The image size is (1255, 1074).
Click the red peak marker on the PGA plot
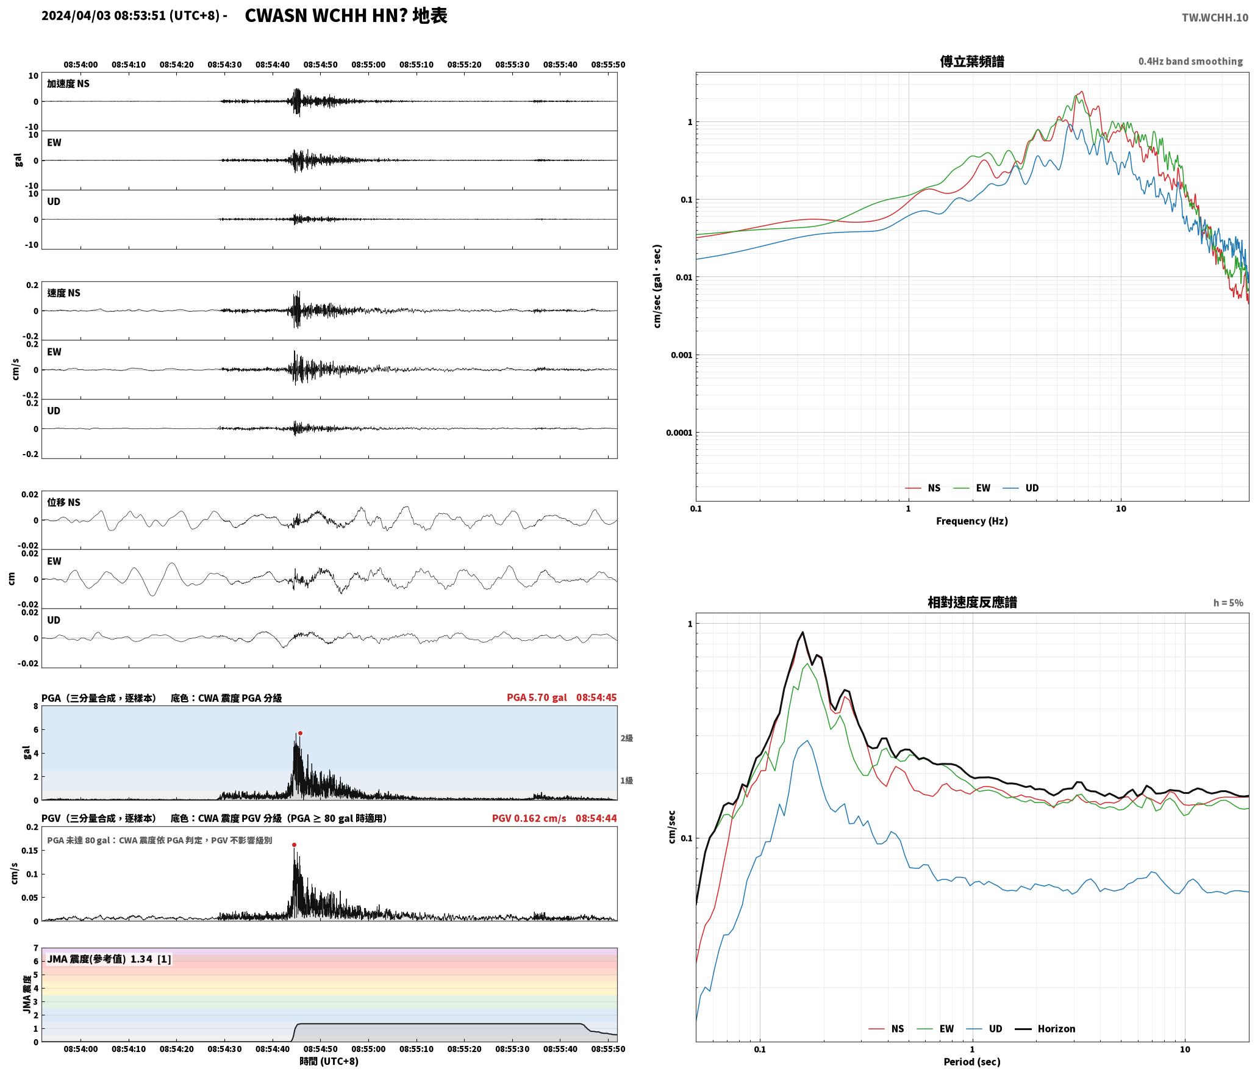(x=300, y=733)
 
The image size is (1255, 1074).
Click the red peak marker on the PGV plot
(x=294, y=845)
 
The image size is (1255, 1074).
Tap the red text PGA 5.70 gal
(x=537, y=697)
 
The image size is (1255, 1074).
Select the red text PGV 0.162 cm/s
(x=529, y=818)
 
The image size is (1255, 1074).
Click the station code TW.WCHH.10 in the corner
(x=1215, y=18)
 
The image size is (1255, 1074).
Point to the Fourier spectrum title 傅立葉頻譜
(x=972, y=62)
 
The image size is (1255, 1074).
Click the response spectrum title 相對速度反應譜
(x=972, y=602)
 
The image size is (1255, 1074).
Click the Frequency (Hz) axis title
(x=972, y=521)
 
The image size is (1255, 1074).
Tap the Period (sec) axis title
(x=972, y=1062)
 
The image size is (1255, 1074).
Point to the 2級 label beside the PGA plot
(x=627, y=738)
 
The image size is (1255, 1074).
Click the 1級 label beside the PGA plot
(x=627, y=780)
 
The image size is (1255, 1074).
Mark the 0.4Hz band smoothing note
(x=1190, y=62)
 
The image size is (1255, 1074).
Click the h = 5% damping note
(x=1228, y=603)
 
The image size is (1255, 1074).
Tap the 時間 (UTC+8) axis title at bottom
(x=329, y=1061)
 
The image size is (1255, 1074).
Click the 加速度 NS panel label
(x=68, y=84)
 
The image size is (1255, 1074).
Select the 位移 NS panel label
(x=64, y=502)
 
